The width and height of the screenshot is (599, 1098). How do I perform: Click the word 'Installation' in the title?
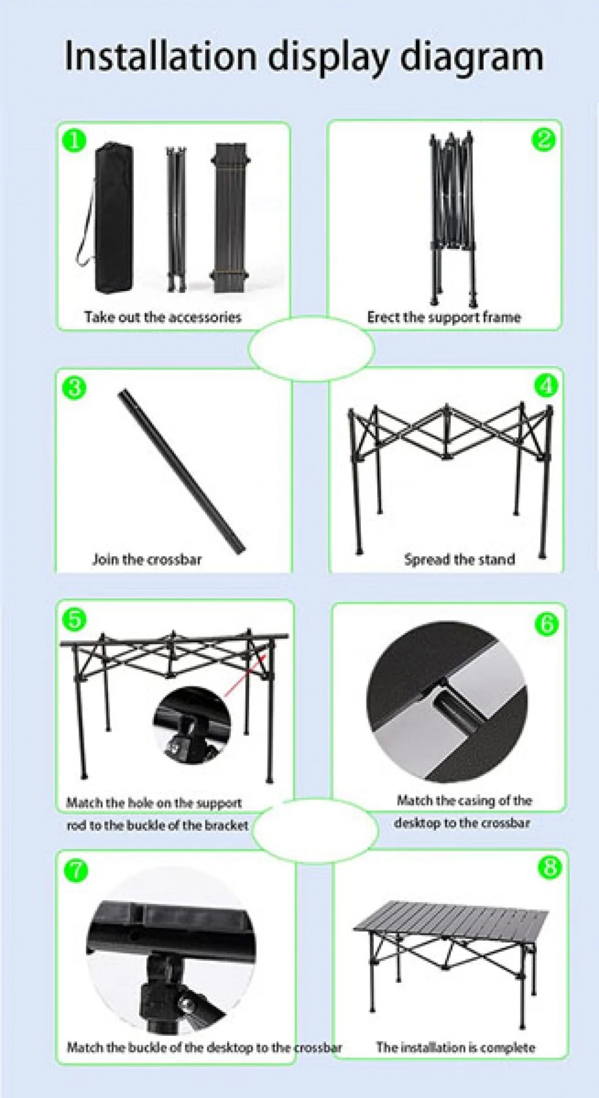(160, 56)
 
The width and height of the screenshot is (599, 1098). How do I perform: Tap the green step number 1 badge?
(74, 140)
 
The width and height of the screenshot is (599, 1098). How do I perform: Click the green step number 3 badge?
(74, 387)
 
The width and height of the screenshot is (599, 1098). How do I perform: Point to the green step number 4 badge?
(546, 385)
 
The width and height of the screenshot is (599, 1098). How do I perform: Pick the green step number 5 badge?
(74, 619)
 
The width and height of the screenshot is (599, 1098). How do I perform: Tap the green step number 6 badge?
(547, 623)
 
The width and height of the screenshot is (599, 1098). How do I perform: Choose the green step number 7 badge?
(76, 871)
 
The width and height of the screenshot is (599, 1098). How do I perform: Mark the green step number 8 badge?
(550, 867)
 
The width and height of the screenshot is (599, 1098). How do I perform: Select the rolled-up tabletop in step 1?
(231, 218)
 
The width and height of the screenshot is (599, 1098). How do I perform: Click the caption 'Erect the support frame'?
(444, 317)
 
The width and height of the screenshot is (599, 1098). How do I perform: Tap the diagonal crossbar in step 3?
(181, 471)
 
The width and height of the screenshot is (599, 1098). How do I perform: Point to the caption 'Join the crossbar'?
(147, 559)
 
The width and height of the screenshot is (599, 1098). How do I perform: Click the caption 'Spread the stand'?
(459, 559)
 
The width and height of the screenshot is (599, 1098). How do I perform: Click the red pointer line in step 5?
(244, 675)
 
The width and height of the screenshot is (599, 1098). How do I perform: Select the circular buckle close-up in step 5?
(192, 725)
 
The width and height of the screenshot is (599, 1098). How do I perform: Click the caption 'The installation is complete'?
(455, 1033)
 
